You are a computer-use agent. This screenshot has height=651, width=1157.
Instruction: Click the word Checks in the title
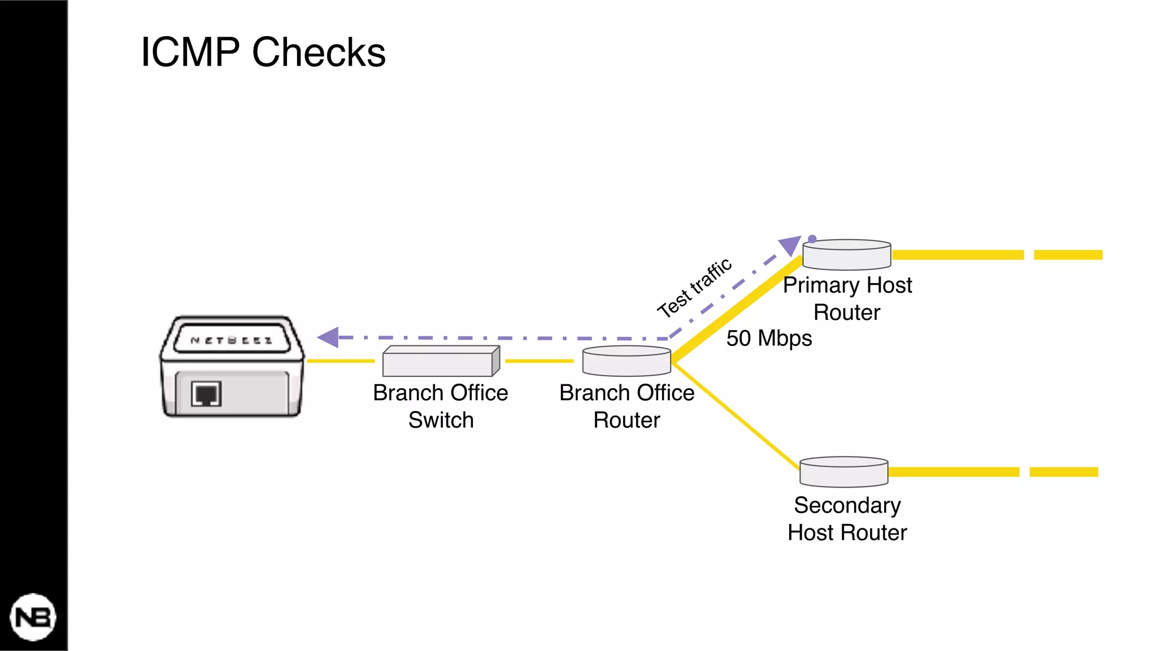point(319,53)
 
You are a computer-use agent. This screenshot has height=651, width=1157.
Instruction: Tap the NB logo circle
point(33,617)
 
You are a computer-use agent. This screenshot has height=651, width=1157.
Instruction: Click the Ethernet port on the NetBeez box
point(206,394)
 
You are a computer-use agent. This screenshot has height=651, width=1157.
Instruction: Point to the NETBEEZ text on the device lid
point(232,340)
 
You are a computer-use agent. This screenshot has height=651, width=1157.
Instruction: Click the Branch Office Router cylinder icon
point(627,362)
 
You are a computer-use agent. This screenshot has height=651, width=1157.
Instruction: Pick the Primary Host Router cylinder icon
point(846,255)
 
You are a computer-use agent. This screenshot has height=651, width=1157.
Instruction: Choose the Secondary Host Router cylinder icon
point(843,472)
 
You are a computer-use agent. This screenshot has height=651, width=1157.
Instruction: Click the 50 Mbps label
point(769,338)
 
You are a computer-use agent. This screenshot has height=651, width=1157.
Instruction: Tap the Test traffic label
point(694,288)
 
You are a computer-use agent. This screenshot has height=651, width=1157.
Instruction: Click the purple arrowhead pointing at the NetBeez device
point(329,337)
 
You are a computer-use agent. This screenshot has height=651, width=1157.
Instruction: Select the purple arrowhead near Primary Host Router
point(789,246)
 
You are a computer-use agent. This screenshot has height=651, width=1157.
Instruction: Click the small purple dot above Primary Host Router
point(812,239)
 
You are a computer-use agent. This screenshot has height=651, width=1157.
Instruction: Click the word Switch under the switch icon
point(441,420)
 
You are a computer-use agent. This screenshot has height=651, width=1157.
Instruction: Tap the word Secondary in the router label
point(847,505)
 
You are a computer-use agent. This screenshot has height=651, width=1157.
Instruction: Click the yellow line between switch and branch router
point(540,361)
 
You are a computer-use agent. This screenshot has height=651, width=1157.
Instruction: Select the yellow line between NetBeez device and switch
point(341,361)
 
